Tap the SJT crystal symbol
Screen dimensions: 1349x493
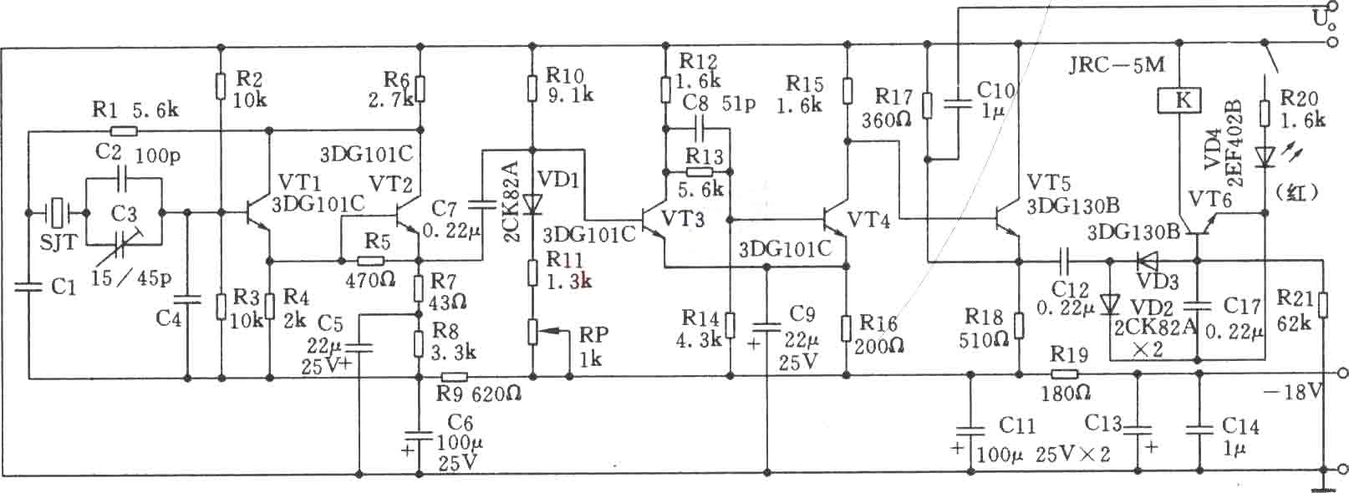click(57, 212)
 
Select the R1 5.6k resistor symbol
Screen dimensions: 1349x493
click(124, 130)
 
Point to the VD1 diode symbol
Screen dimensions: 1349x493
click(532, 205)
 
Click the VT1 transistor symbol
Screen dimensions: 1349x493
click(259, 212)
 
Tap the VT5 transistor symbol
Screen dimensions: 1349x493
click(1007, 220)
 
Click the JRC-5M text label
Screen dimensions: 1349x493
click(1117, 65)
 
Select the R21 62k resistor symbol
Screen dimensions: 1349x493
click(1322, 305)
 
